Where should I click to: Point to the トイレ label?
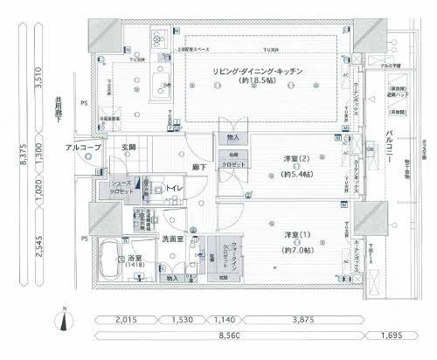tap(174, 187)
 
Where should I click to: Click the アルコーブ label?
tap(84, 148)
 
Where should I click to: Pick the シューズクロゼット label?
tap(121, 187)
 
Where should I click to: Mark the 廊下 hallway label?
tap(198, 166)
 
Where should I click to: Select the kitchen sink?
tap(161, 86)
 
